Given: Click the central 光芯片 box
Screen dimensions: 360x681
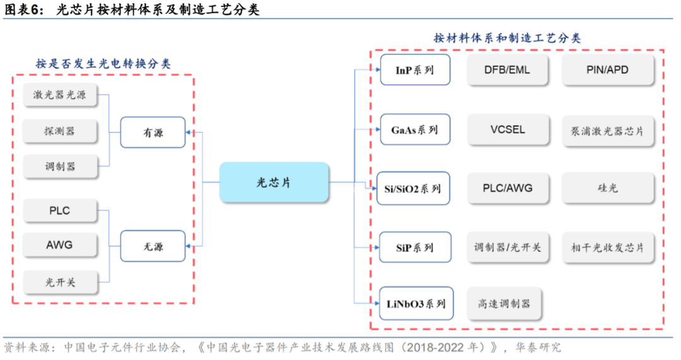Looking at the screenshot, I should pyautogui.click(x=274, y=182).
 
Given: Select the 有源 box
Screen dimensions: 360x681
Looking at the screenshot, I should pyautogui.click(x=153, y=132).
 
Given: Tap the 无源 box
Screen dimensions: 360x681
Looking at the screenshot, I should pyautogui.click(x=153, y=247).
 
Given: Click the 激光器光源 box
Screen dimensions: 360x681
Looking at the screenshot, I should pyautogui.click(x=60, y=96).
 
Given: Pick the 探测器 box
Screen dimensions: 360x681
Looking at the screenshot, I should pyautogui.click(x=60, y=131).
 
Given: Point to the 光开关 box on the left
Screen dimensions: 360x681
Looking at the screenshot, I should pyautogui.click(x=60, y=282).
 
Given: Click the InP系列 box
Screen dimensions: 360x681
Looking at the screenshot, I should pyautogui.click(x=415, y=70).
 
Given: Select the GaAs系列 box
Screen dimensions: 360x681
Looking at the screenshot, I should pyautogui.click(x=415, y=130).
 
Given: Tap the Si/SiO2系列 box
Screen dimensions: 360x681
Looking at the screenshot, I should pyautogui.click(x=414, y=189).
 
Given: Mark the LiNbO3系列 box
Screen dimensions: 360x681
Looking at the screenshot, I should pyautogui.click(x=416, y=304).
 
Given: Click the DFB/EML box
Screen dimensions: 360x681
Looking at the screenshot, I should pyautogui.click(x=508, y=70).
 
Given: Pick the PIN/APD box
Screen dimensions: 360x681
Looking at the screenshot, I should pyautogui.click(x=608, y=70).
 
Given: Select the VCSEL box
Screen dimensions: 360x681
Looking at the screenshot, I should pyautogui.click(x=508, y=130).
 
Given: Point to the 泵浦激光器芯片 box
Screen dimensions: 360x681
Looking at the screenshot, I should pyautogui.click(x=608, y=131).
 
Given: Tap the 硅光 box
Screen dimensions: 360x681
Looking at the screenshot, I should pyautogui.click(x=608, y=188).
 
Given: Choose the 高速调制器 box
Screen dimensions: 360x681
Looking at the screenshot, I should pyautogui.click(x=504, y=304).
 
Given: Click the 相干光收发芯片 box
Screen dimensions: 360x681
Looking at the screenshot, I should pyautogui.click(x=608, y=247).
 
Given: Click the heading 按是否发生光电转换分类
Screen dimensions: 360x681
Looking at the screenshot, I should pyautogui.click(x=103, y=64).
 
